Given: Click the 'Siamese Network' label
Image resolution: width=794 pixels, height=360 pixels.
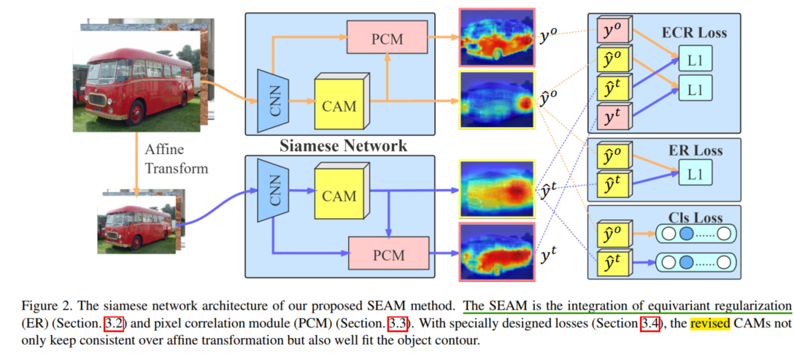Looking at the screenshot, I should (343, 146).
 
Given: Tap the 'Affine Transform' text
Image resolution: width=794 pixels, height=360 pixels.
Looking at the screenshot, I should (176, 160).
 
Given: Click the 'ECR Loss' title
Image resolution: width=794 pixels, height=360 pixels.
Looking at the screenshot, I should (694, 33).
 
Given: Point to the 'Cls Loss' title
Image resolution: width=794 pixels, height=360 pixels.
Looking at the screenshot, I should (694, 218).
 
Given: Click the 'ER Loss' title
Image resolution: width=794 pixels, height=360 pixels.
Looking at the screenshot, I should (694, 151).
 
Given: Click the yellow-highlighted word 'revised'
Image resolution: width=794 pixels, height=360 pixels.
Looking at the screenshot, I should (710, 323).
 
